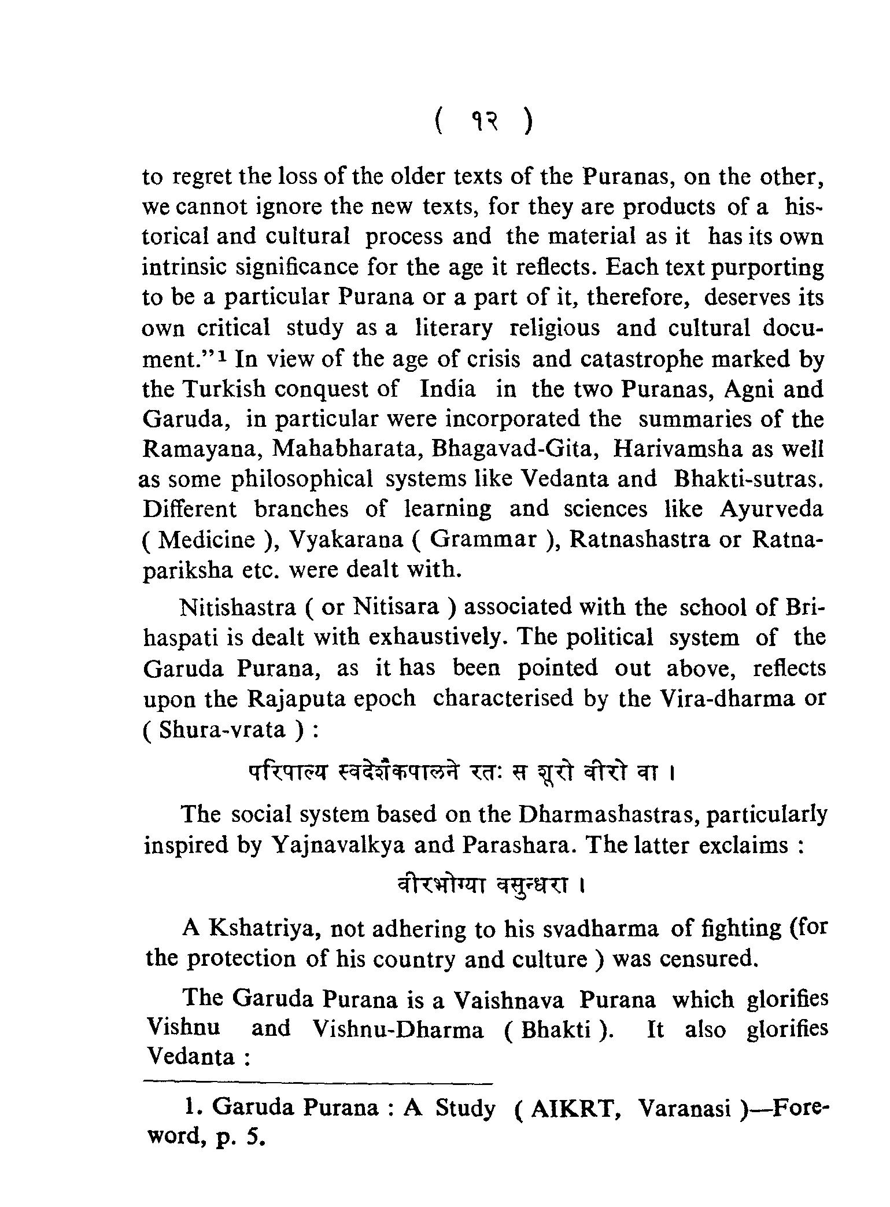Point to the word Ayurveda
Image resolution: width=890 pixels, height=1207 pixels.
pyautogui.click(x=771, y=509)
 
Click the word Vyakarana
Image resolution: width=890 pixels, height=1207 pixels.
pyautogui.click(x=346, y=540)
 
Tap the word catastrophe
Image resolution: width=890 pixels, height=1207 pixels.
pyautogui.click(x=639, y=360)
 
